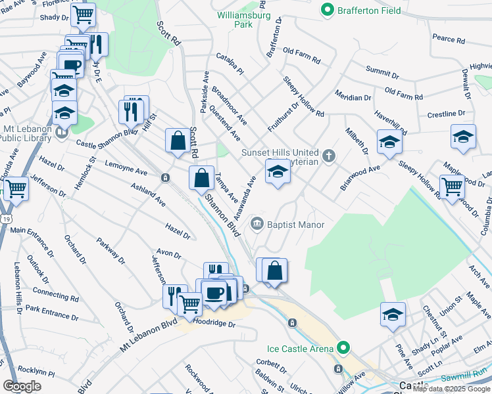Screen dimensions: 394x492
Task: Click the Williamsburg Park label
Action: [x=235, y=18]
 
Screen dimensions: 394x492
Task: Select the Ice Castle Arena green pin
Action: [x=342, y=347]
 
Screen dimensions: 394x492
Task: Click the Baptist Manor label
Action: [x=295, y=225]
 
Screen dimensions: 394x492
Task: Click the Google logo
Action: [x=22, y=385]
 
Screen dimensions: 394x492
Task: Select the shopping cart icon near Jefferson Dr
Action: [x=16, y=188]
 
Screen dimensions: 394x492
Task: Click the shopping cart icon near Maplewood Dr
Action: [x=452, y=187]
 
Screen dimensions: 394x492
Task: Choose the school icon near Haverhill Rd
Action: [x=389, y=141]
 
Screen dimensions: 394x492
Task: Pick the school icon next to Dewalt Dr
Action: [x=463, y=137]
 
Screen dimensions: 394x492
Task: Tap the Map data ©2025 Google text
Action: [x=452, y=389]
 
